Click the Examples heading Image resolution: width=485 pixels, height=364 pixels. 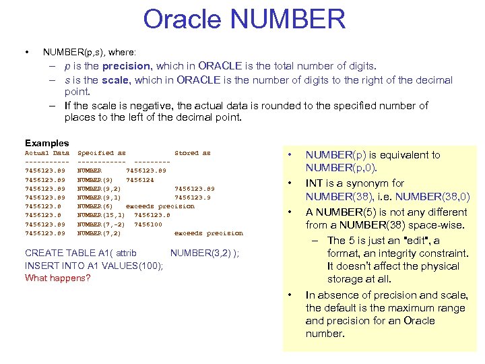[46, 143]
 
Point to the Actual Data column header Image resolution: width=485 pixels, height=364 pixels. [46, 153]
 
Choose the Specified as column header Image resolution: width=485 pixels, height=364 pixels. [101, 153]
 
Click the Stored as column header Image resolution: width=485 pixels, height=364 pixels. [192, 153]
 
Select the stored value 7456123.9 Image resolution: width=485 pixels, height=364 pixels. [194, 198]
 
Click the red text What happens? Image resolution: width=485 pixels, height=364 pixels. [57, 278]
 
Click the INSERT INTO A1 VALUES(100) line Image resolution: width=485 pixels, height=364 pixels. [94, 266]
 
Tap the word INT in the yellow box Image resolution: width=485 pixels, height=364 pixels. [315, 183]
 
